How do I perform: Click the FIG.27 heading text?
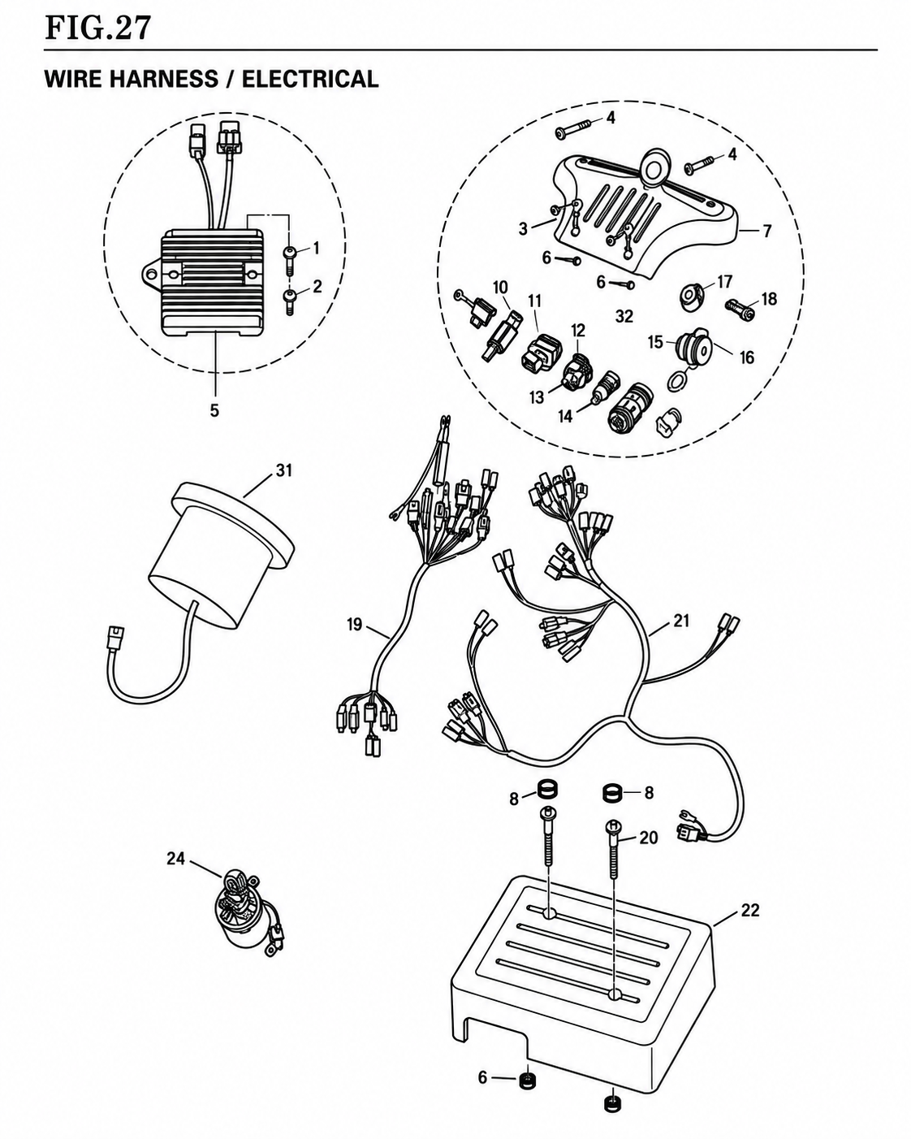click(x=98, y=28)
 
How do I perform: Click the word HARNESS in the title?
click(x=164, y=79)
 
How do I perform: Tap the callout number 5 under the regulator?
click(x=214, y=410)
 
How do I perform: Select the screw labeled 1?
click(x=290, y=259)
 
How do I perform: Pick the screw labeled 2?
click(x=290, y=301)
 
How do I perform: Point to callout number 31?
click(x=284, y=470)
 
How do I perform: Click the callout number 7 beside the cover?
click(x=766, y=231)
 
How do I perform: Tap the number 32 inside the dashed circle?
click(x=624, y=317)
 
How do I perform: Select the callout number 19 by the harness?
click(x=355, y=625)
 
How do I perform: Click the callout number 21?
click(x=681, y=621)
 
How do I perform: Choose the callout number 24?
click(x=176, y=858)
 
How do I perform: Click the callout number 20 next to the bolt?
click(x=649, y=838)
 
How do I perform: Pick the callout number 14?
click(x=566, y=417)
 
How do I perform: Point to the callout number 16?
click(x=746, y=357)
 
